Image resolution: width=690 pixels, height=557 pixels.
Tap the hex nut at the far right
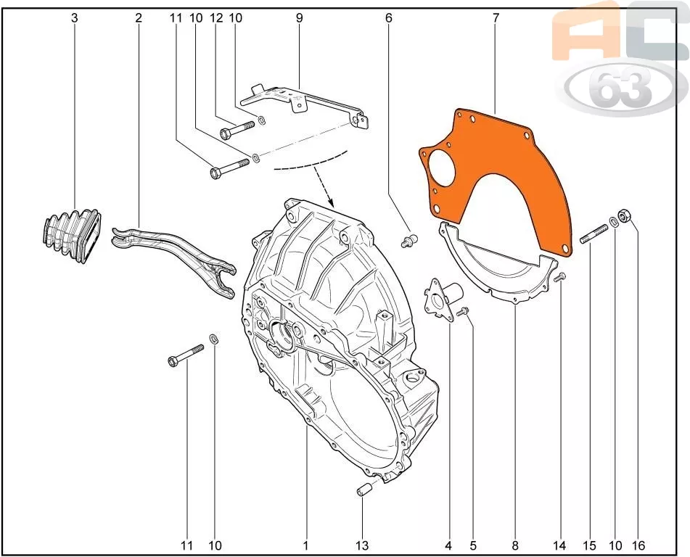(x=625, y=216)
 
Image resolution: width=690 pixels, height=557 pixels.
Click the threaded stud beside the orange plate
(x=594, y=233)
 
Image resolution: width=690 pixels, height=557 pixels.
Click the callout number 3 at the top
(x=74, y=18)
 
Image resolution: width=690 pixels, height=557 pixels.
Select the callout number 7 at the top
(x=496, y=18)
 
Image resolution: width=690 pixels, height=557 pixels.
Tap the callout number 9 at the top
(x=299, y=18)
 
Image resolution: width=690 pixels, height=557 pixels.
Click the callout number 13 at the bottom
(x=362, y=545)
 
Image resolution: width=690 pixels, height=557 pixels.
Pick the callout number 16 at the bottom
(x=638, y=545)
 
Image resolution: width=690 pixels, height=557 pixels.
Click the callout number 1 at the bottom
(x=305, y=545)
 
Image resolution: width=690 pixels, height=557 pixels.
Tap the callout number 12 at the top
(x=216, y=18)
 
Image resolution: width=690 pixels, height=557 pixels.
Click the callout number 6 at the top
(x=388, y=18)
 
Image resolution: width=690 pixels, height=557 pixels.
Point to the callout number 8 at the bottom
(x=515, y=545)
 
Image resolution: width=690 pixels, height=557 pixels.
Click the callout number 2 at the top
(x=139, y=18)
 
